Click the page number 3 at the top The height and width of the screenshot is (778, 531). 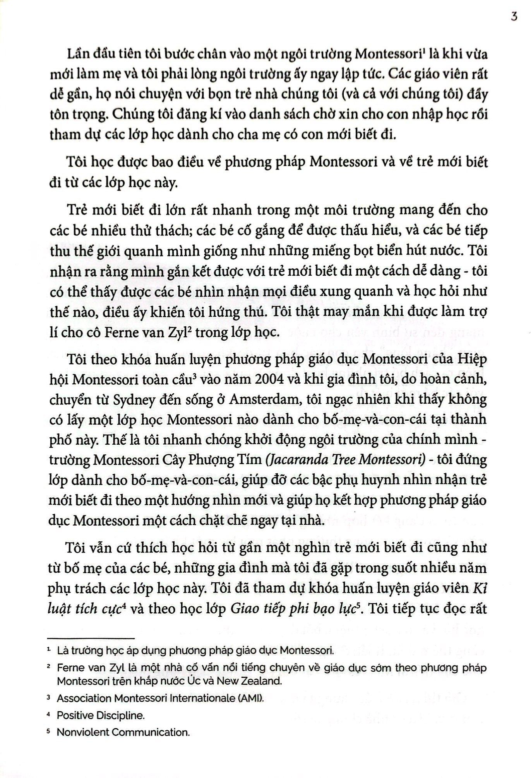coord(514,18)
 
